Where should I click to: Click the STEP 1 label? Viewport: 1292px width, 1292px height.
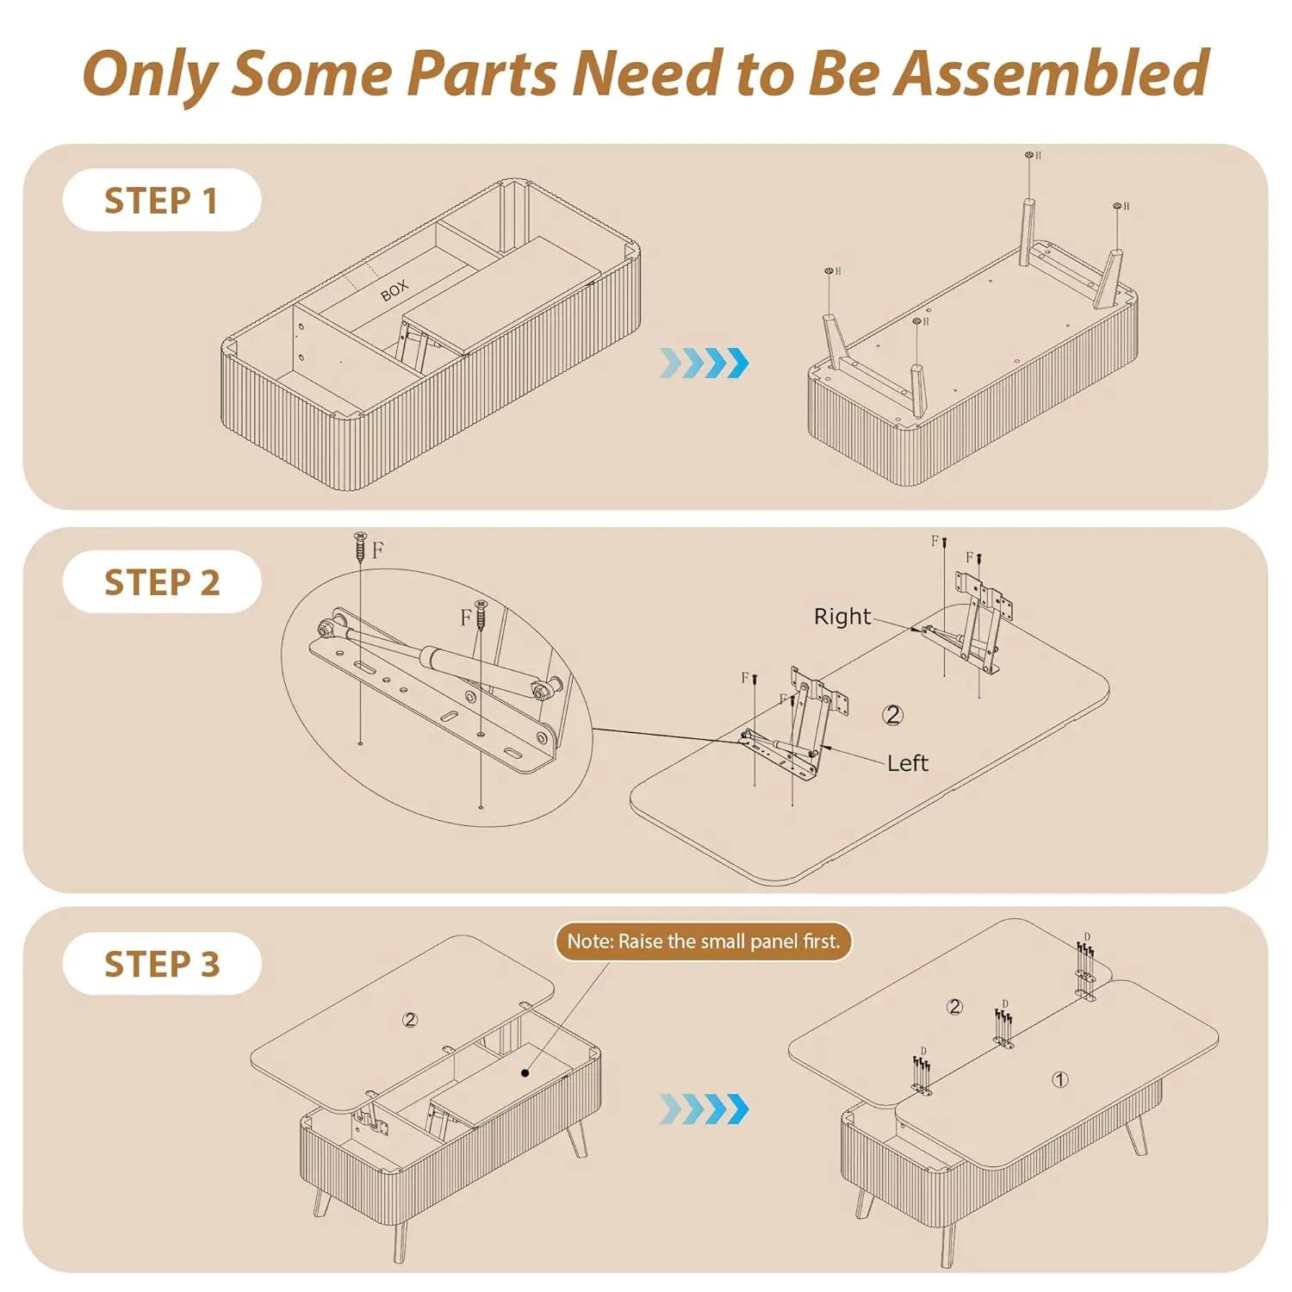[x=161, y=201]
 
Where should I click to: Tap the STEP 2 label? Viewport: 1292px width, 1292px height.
[x=162, y=582]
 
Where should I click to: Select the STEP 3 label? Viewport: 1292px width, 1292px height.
[x=162, y=964]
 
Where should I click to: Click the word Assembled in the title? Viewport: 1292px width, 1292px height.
[x=1051, y=72]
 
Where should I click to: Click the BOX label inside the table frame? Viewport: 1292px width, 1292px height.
[x=394, y=291]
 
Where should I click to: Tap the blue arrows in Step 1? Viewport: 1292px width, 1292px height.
[x=704, y=363]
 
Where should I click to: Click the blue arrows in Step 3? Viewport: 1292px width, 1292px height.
[x=704, y=1109]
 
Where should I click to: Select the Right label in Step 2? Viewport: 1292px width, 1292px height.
[x=842, y=616]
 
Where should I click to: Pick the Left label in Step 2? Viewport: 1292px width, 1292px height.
[x=908, y=763]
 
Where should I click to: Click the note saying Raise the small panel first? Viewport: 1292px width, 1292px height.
[x=704, y=941]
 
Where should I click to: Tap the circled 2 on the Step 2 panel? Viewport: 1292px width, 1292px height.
[x=893, y=714]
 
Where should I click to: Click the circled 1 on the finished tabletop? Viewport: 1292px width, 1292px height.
[x=1060, y=1079]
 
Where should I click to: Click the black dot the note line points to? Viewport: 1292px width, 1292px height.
[x=525, y=1073]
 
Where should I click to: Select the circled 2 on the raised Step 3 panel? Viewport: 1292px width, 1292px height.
[x=410, y=1020]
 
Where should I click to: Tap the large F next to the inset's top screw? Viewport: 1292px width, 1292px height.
[x=377, y=550]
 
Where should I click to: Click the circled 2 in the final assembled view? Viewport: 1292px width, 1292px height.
[x=954, y=1006]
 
